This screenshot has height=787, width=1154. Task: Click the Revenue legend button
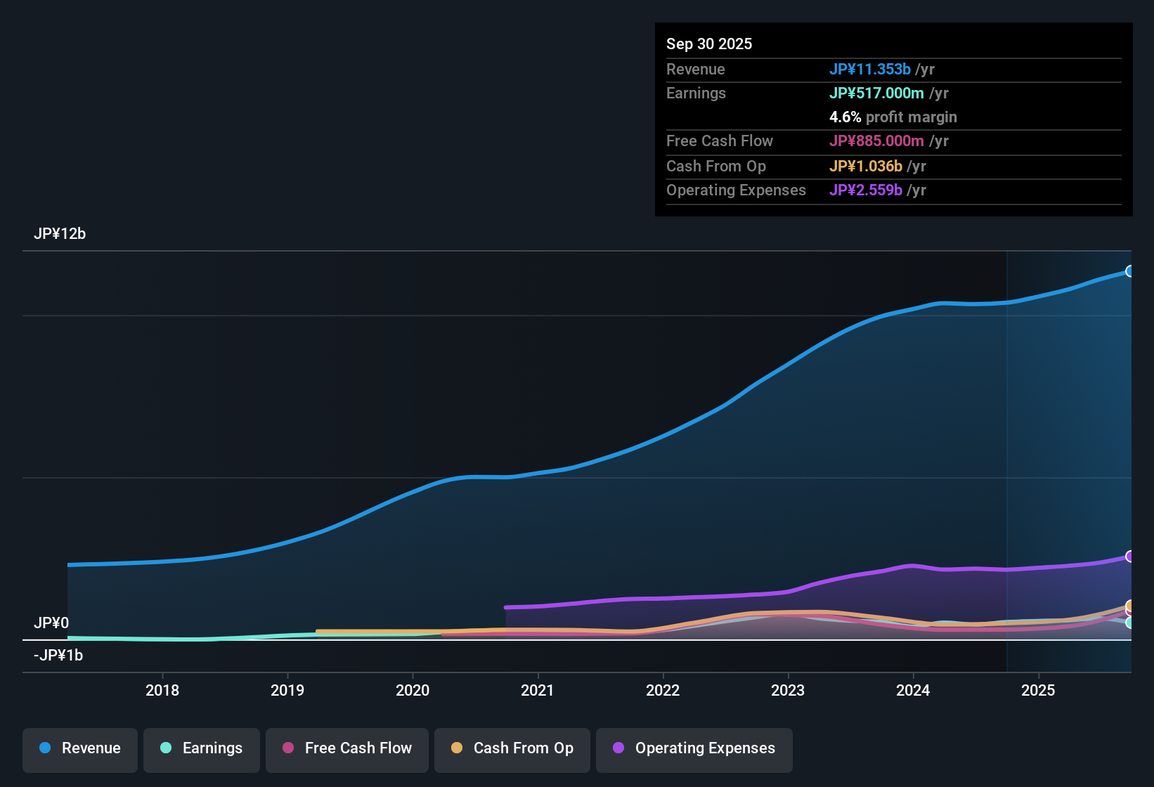click(x=80, y=748)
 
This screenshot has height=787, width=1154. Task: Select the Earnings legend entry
click(x=202, y=748)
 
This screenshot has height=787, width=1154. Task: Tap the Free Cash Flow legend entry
click(x=347, y=748)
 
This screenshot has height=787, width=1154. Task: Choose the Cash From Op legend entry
click(x=512, y=748)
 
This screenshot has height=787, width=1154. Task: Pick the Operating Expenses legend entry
click(x=694, y=748)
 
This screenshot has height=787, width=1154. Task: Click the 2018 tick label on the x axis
click(x=162, y=691)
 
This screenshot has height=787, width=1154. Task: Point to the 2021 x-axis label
click(x=538, y=691)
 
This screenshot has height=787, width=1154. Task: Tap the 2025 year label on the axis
click(x=1038, y=691)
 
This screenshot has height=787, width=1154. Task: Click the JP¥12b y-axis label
click(x=60, y=234)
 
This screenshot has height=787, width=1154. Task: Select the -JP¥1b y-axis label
click(x=58, y=656)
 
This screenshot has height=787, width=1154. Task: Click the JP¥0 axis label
click(x=51, y=623)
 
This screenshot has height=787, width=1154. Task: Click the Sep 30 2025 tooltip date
click(x=709, y=44)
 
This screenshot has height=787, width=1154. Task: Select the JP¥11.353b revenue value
click(x=870, y=70)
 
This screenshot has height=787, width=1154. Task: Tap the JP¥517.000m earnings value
click(x=876, y=93)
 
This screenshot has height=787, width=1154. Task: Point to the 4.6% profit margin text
click(x=893, y=117)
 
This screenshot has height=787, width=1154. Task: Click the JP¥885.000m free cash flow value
click(x=876, y=141)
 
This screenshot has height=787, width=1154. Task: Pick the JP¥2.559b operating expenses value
click(x=866, y=190)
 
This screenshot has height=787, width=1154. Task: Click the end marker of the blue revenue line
click(x=1129, y=271)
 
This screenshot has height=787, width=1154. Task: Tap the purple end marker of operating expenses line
click(x=1129, y=557)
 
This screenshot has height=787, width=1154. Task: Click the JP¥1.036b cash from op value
click(x=866, y=167)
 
